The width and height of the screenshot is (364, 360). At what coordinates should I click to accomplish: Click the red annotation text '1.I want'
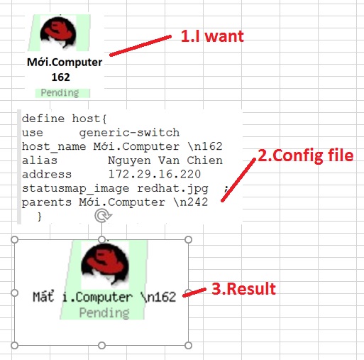[212, 36]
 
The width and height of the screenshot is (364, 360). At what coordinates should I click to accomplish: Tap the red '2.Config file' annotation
[306, 156]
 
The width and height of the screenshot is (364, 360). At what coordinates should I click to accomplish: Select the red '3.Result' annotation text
[243, 288]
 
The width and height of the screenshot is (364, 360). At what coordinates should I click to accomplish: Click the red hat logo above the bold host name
[58, 32]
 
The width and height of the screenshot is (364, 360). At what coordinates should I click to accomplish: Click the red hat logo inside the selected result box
[105, 263]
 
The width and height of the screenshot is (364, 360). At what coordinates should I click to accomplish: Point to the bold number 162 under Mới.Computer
[61, 77]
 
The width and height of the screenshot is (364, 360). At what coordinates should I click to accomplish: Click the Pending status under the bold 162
[60, 93]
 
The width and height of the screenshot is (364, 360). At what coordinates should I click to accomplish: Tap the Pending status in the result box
[104, 312]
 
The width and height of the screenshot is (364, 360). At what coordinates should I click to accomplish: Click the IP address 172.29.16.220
[155, 174]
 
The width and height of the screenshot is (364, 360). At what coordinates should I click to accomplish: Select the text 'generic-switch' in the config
[129, 133]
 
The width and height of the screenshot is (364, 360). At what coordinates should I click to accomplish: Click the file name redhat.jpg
[172, 189]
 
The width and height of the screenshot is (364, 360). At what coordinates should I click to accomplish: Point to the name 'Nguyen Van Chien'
[165, 160]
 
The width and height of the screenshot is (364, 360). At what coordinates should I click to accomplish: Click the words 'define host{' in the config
[64, 119]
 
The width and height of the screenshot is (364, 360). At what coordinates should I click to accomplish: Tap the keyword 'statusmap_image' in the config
[75, 189]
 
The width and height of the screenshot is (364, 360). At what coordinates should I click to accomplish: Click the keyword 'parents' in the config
[47, 202]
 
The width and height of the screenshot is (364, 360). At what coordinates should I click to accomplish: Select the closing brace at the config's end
[39, 217]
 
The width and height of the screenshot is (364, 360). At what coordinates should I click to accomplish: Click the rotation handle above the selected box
[102, 216]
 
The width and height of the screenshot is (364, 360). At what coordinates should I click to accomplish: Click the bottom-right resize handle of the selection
[188, 345]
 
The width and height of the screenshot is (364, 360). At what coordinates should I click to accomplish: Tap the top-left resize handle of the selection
[15, 239]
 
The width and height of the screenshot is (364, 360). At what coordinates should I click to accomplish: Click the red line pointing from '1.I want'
[140, 45]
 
